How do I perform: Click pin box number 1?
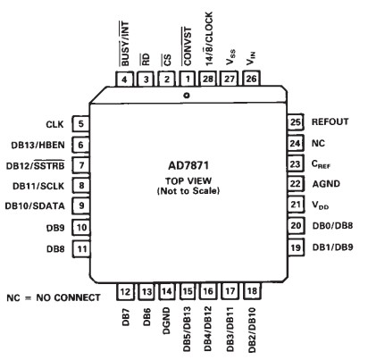188,80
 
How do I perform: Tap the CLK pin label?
54,125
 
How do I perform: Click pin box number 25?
294,121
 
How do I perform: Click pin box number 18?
254,291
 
